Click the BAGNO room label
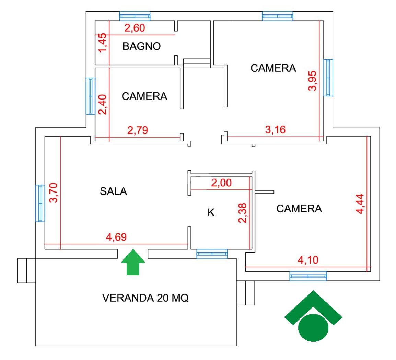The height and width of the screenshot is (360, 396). [141, 46]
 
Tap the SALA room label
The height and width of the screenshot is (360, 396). [114, 191]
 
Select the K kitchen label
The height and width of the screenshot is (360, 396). [211, 213]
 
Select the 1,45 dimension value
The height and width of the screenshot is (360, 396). [103, 43]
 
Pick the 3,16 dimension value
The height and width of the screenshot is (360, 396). [276, 130]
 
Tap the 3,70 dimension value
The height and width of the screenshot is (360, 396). [55, 193]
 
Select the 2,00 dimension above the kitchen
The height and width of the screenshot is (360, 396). [221, 183]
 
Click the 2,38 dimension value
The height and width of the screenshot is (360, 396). [243, 213]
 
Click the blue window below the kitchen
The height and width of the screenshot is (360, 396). [212, 254]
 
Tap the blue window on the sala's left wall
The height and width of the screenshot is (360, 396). [40, 203]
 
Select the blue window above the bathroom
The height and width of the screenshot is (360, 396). [135, 16]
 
